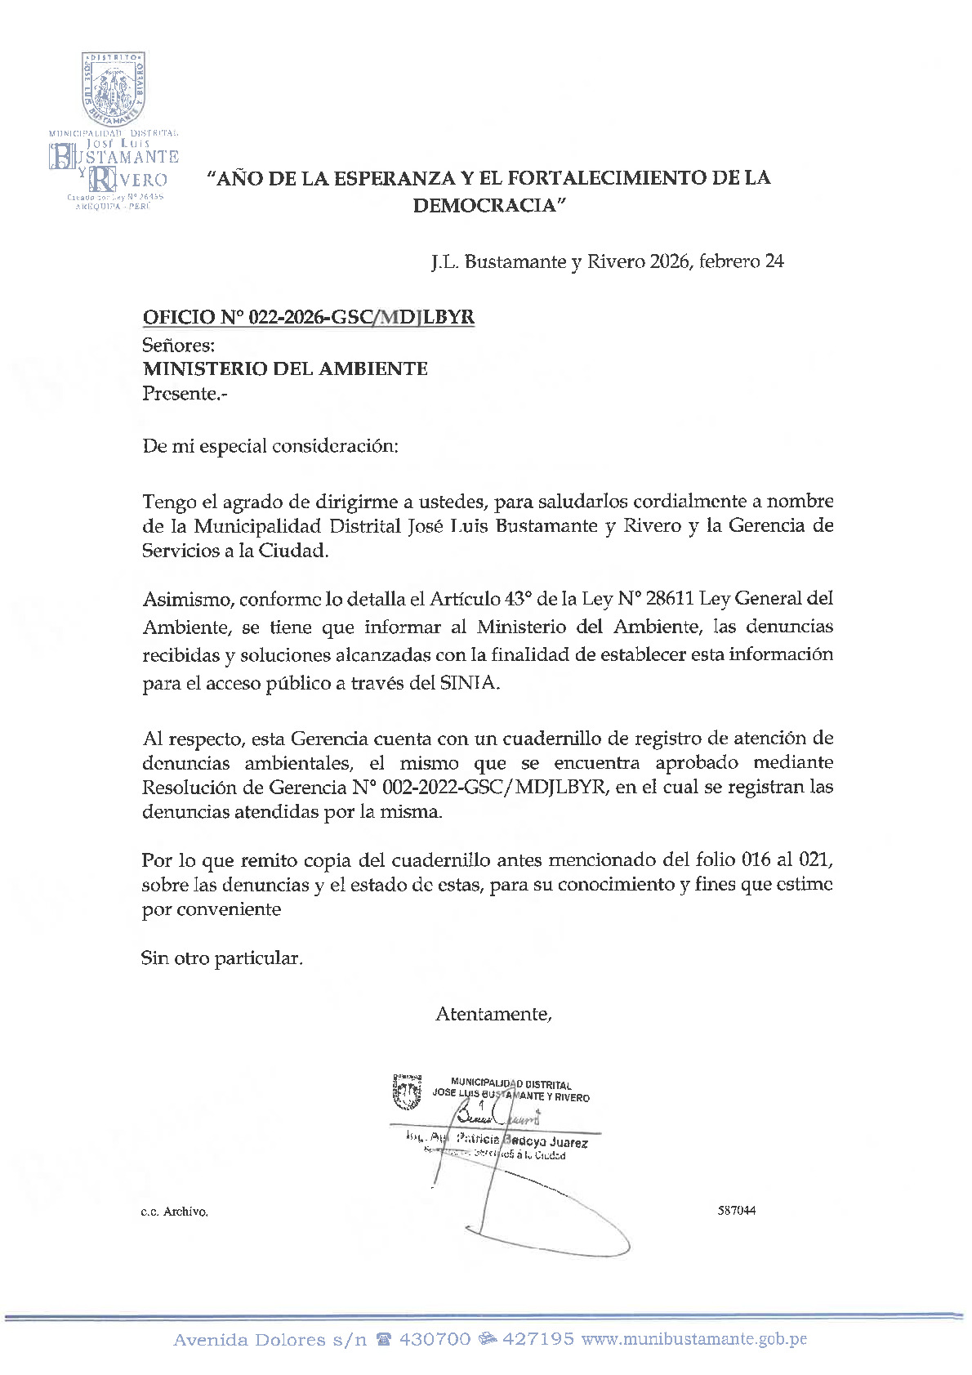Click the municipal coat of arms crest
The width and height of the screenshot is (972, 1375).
click(114, 89)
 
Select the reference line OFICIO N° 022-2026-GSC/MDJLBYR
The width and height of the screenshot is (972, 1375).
click(308, 317)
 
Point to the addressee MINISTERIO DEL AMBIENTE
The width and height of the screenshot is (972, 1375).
click(285, 368)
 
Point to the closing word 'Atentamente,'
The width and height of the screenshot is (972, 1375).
click(494, 1014)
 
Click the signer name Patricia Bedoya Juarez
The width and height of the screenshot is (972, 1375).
click(521, 1141)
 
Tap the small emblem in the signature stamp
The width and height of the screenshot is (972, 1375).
click(407, 1092)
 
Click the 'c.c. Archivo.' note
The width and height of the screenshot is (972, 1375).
click(174, 1212)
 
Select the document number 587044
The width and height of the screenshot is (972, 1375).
click(736, 1210)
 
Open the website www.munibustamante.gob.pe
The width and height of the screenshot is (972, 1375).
click(694, 1339)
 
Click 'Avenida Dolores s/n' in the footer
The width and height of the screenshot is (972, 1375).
click(270, 1340)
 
